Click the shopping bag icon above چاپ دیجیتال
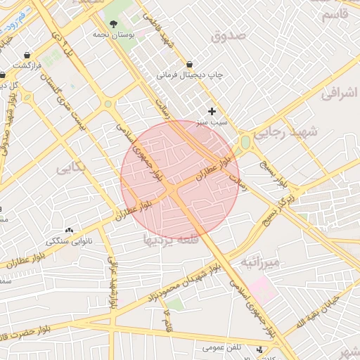click(x=189, y=63)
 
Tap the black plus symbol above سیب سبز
click(x=212, y=111)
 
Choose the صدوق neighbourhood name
click(x=229, y=34)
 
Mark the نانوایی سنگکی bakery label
click(x=70, y=241)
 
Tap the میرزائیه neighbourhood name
click(x=261, y=264)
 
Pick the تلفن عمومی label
click(x=223, y=347)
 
